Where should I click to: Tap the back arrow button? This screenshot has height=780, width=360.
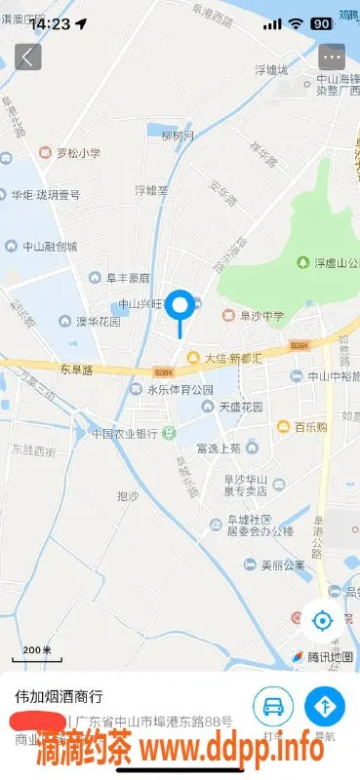[28, 57]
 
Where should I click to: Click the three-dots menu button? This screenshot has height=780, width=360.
[332, 57]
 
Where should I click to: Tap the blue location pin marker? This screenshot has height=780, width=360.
[180, 307]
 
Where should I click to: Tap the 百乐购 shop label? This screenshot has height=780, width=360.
[304, 427]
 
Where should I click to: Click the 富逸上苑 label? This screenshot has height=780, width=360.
[218, 448]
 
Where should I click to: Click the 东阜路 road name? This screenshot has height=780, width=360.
[76, 370]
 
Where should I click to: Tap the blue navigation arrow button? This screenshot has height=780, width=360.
[324, 706]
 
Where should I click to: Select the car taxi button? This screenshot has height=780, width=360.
[273, 706]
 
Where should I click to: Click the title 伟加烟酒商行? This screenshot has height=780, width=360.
[59, 697]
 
